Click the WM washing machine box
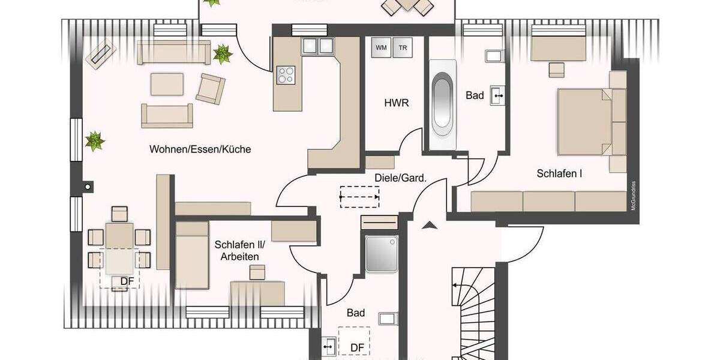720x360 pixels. point(380,47)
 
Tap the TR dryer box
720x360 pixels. point(401,47)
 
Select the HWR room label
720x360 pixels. point(396,103)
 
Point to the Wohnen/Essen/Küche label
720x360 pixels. point(200,149)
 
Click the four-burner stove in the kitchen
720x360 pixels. point(286,75)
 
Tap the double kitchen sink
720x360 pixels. point(317,46)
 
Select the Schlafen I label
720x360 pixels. point(560,174)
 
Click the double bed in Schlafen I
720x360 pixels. point(591,121)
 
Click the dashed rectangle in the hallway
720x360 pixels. point(359,196)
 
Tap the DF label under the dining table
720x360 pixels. point(127,280)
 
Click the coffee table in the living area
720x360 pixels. point(166,84)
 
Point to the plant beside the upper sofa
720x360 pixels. point(223,54)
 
